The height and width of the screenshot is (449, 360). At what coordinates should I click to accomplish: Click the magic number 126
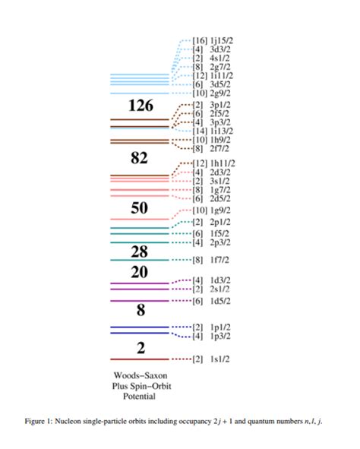[x=141, y=105]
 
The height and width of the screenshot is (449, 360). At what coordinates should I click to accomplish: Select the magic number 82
[x=139, y=158]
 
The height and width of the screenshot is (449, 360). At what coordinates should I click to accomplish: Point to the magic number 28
[x=139, y=251]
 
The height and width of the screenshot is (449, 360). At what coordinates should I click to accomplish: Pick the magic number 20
[x=139, y=273]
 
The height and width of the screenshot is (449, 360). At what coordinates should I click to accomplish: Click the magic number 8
[x=140, y=310]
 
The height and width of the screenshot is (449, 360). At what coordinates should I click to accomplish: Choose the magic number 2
[x=140, y=348]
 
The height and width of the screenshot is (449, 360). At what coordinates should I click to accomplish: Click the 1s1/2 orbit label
[x=220, y=359]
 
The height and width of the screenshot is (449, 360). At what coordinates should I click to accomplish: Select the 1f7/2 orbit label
[x=220, y=260]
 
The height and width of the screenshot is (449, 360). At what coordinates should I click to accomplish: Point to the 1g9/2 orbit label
[x=223, y=210]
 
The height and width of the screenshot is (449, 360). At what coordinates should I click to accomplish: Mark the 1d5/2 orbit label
[x=220, y=302]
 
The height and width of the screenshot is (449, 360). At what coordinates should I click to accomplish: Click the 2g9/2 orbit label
[x=223, y=93]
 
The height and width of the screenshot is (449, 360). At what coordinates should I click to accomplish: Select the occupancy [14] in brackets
[x=200, y=131]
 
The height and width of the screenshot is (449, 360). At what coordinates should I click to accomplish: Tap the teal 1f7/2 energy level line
[x=139, y=260]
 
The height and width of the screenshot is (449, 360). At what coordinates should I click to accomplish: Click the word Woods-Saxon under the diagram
[x=139, y=376]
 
